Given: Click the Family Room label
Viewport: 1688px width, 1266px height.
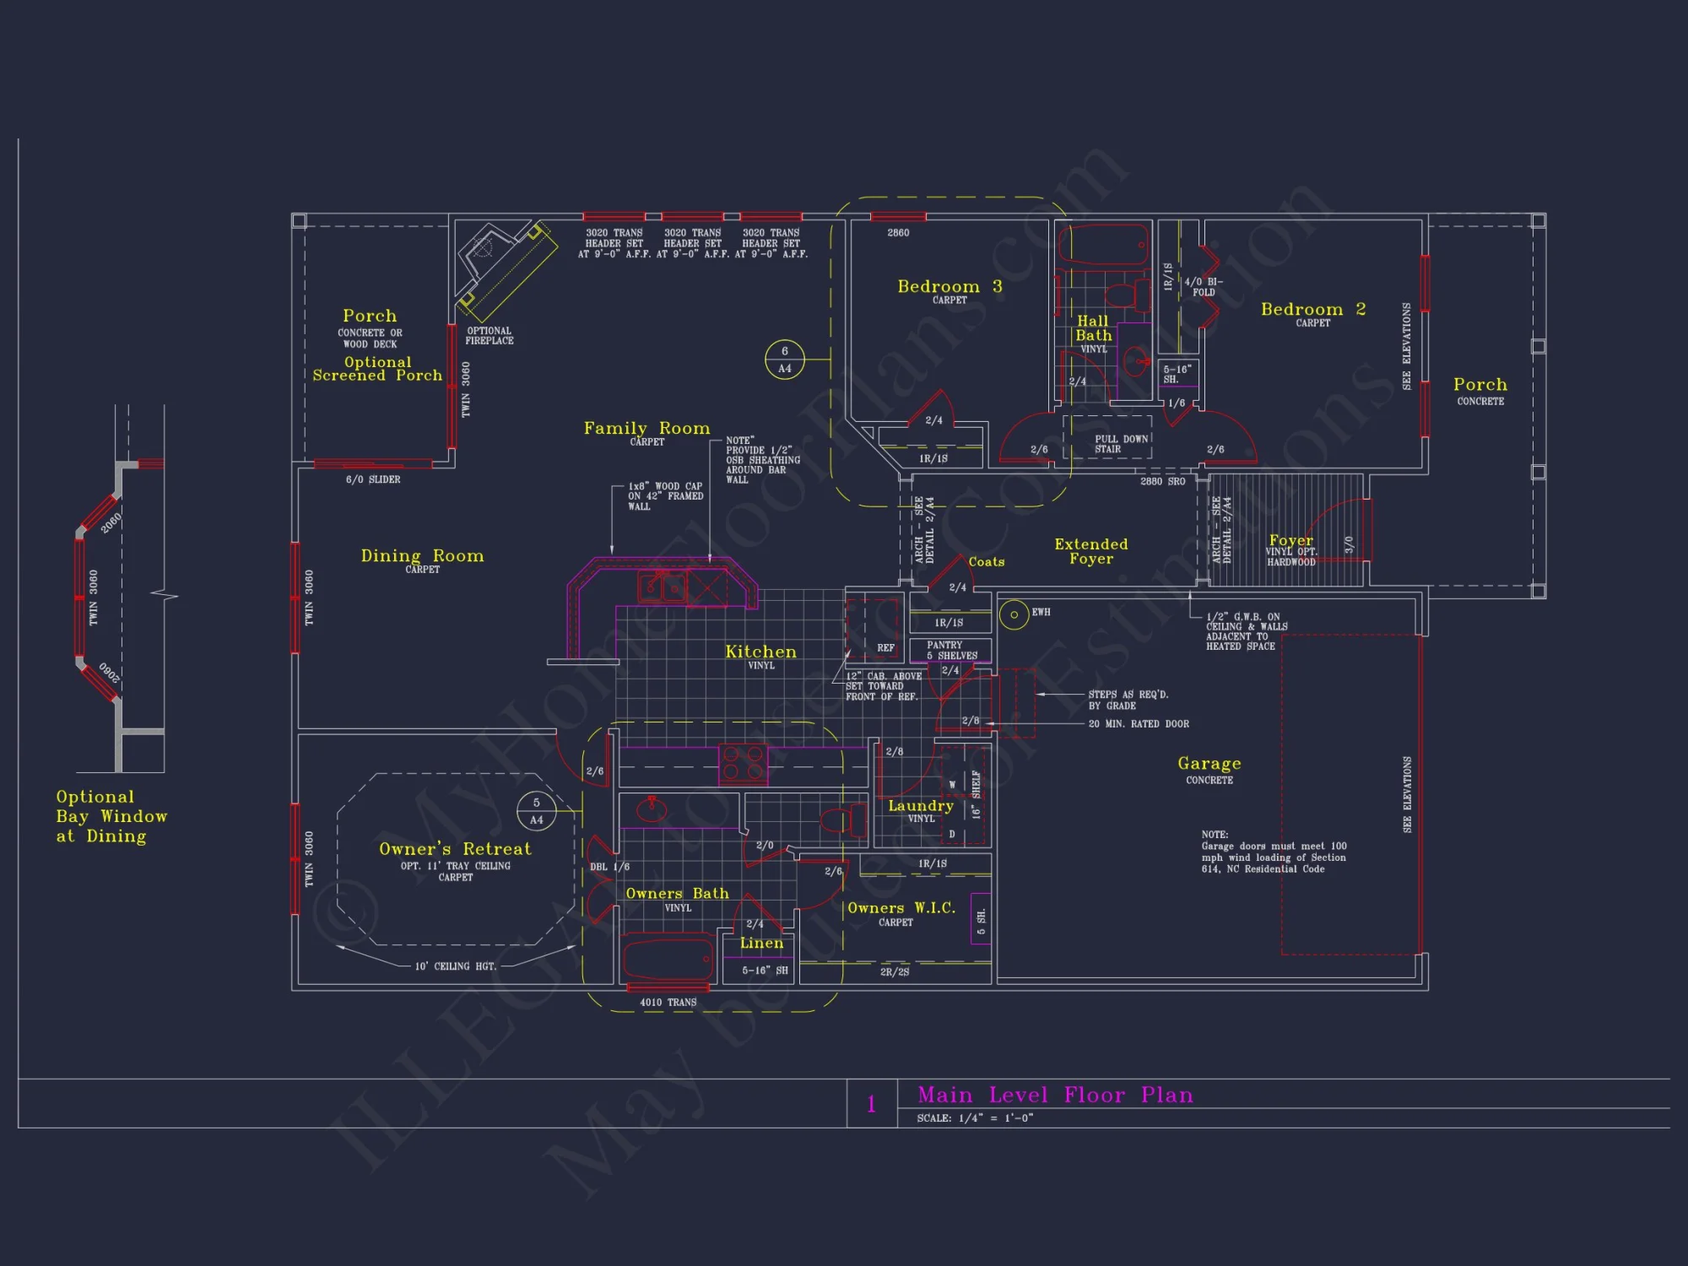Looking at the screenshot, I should coord(647,429).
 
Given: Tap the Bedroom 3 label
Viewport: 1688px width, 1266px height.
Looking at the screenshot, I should coord(949,287).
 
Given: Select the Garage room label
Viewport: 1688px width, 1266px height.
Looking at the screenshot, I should coord(1209,764).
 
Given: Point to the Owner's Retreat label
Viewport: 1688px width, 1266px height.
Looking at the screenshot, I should coord(455,849).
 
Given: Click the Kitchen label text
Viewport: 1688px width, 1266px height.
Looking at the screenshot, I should coord(760,652).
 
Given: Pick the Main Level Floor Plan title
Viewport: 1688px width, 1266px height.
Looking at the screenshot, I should coord(1055,1096).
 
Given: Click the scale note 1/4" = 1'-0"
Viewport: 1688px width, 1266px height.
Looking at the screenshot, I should coord(975,1118).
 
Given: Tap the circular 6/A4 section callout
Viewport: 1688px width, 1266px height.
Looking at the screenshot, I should coord(784,360).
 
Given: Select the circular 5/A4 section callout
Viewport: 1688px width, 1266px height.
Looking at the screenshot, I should coord(536,811).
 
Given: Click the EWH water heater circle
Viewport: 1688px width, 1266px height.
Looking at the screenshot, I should coord(1013,614).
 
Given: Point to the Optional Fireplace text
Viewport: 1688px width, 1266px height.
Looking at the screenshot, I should coord(489,336).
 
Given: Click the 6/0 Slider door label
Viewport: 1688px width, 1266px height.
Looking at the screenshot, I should coord(373,479).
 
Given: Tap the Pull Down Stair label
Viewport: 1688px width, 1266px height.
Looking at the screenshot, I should coord(1121,444).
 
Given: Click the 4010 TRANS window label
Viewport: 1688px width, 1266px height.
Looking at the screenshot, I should coord(668,1003).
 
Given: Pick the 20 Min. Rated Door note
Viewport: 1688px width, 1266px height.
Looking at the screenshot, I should coord(1138,724).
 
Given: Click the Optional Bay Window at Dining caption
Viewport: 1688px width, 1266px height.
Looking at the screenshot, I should coord(111,816).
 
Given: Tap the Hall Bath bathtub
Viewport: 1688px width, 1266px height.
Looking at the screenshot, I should coord(1103,246).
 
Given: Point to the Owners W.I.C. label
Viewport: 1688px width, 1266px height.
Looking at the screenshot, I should coord(901,909).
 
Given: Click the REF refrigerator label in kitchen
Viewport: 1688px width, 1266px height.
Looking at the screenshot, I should coord(885,648).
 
